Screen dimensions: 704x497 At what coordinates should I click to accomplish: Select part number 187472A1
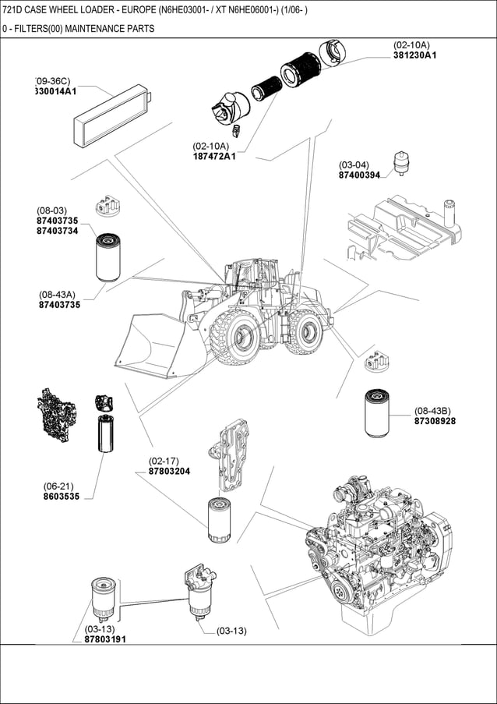tap(213, 157)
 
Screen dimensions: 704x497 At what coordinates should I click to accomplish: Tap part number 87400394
tap(359, 175)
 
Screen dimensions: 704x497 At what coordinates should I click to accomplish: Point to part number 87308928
tap(435, 421)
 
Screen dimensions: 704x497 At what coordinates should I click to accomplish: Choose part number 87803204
tap(169, 471)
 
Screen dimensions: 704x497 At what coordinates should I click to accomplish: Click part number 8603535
tap(61, 496)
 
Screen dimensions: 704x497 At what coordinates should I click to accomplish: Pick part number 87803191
tap(105, 639)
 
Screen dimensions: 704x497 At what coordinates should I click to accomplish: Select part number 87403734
tap(58, 231)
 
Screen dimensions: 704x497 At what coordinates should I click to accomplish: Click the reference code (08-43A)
tap(57, 294)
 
